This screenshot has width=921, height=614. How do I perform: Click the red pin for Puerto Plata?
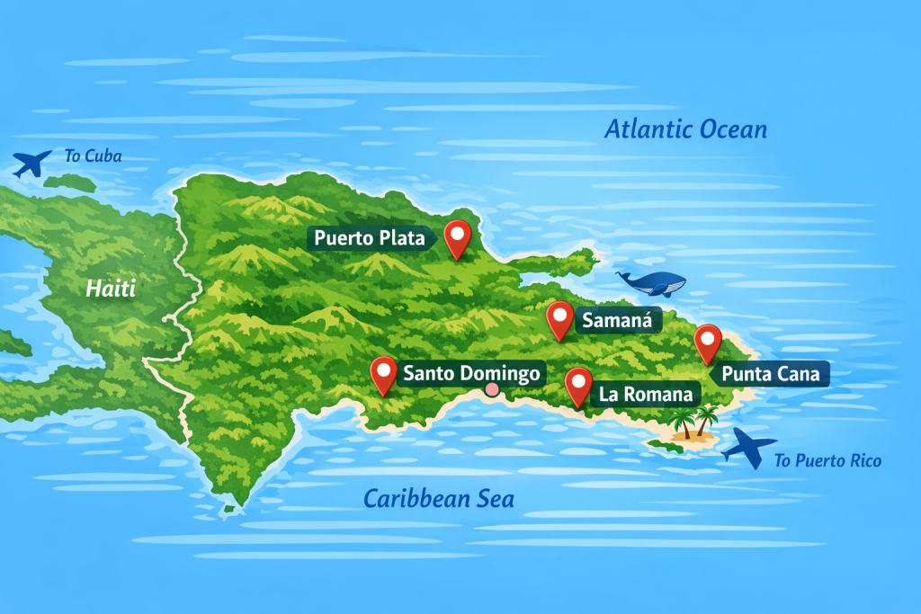point(459,236)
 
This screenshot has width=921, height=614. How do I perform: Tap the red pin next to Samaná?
point(560,318)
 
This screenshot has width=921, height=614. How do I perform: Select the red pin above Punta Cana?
point(709,342)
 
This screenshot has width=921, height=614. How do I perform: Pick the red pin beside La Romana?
point(578,385)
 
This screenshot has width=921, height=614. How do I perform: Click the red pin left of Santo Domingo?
point(384,373)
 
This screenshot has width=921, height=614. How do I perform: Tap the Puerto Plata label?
point(370,238)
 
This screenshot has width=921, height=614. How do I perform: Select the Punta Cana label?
point(770,374)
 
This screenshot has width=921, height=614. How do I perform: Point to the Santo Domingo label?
point(470,373)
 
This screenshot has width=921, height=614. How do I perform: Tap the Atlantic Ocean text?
point(685,129)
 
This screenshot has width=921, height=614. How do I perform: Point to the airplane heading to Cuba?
point(32,164)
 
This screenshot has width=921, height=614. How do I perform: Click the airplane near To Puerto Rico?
point(748,445)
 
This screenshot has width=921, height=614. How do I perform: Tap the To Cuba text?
point(93,156)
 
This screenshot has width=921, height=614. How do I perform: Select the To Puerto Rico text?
point(827,461)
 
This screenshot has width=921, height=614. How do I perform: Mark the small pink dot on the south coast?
point(491,389)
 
